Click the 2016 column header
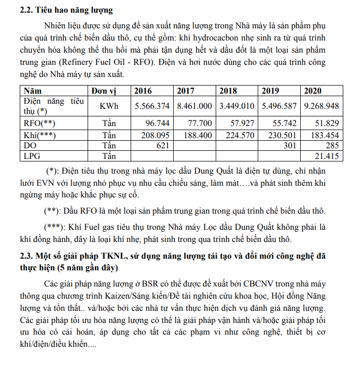[x=143, y=91]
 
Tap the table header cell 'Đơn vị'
[x=104, y=91]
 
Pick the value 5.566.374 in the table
[x=152, y=106]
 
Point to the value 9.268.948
[x=322, y=106]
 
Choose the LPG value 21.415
[x=328, y=156]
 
